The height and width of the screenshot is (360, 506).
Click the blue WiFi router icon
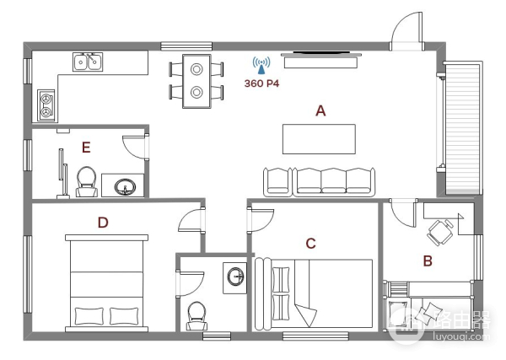[x=261, y=65]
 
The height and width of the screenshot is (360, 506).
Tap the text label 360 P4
[x=261, y=83]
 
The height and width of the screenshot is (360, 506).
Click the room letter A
[x=320, y=110]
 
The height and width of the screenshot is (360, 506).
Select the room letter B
[x=428, y=261]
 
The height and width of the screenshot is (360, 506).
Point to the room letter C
[x=310, y=244]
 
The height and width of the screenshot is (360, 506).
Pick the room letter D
[x=103, y=223]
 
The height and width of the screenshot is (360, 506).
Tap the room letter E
[x=86, y=148]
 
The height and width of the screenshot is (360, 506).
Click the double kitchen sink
[x=88, y=62]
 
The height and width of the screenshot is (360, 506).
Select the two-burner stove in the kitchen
[x=46, y=105]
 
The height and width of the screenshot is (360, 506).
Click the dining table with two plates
[x=196, y=81]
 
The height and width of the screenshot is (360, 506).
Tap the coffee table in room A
[x=319, y=139]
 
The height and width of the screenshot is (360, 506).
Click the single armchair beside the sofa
[x=277, y=182]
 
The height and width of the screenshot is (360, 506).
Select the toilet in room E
[x=87, y=181]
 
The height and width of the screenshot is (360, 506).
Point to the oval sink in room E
[x=125, y=187]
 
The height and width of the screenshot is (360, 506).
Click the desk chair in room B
[x=440, y=232]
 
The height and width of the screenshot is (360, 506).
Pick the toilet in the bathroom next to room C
[x=196, y=316]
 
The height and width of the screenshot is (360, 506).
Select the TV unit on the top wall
[x=320, y=61]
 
